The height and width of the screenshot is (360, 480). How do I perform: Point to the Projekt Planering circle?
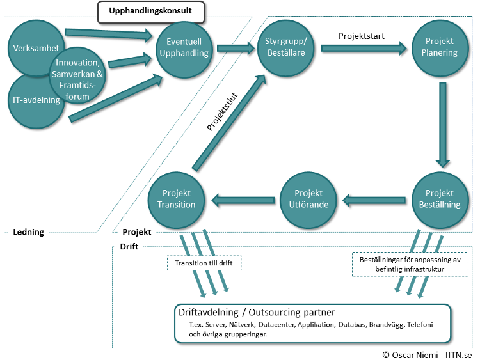[x=439, y=47]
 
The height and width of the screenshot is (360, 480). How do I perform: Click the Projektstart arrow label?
[x=361, y=36]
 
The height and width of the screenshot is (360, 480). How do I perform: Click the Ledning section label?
[x=29, y=232]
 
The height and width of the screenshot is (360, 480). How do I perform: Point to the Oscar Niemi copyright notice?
[x=428, y=354]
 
